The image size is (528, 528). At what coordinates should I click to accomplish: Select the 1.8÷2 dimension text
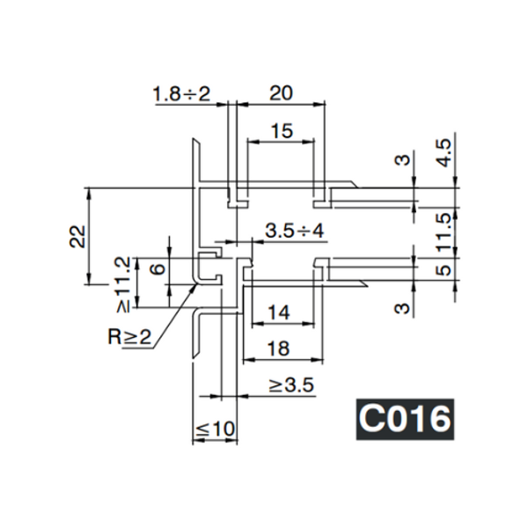click(182, 93)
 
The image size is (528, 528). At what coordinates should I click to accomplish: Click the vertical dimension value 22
click(76, 236)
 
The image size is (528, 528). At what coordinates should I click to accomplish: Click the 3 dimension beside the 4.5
click(402, 160)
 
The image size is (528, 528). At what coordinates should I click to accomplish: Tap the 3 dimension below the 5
click(402, 308)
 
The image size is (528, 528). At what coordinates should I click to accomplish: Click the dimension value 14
click(277, 311)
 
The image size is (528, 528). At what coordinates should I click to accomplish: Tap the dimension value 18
click(277, 348)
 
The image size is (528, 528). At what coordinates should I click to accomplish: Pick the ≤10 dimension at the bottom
click(215, 429)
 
